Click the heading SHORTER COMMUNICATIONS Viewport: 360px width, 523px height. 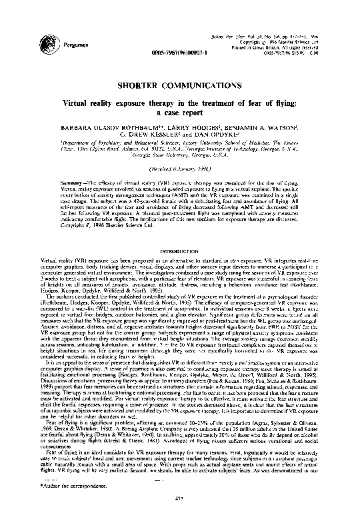click(179, 87)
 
